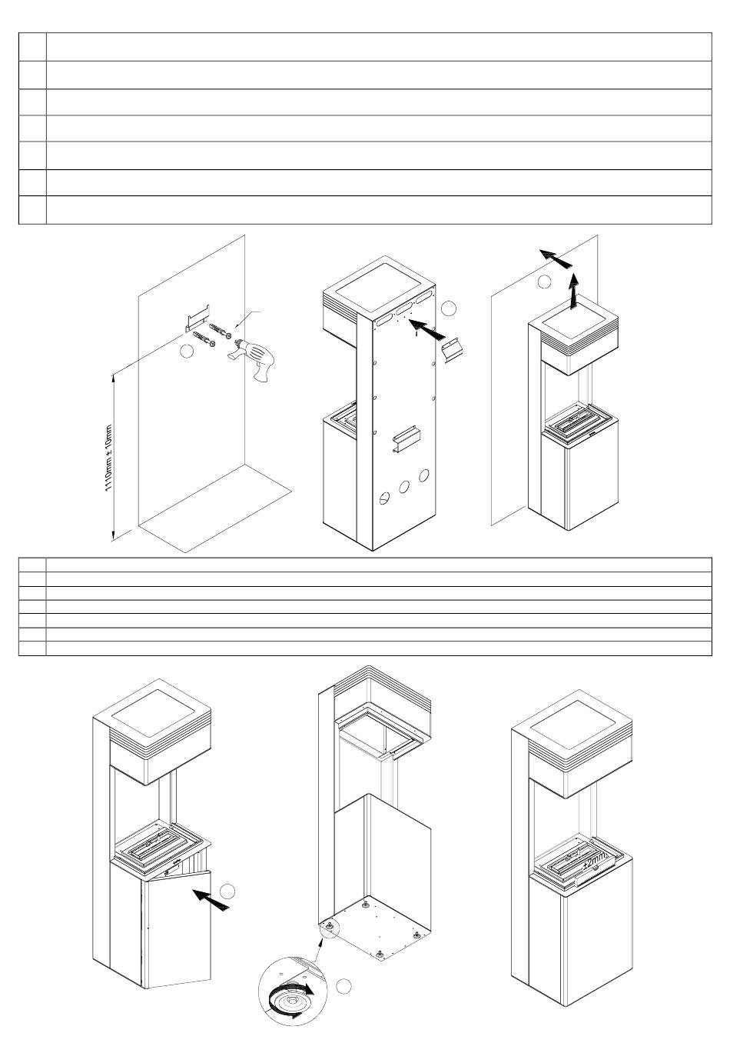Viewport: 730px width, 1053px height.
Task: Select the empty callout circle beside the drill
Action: (185, 352)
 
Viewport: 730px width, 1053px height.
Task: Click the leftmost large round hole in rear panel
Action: (385, 498)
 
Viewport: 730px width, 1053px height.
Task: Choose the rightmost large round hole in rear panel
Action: (423, 475)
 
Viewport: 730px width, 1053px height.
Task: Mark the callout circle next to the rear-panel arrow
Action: (450, 308)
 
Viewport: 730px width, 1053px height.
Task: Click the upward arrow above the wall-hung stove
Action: (572, 293)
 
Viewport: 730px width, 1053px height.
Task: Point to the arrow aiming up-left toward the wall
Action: (556, 259)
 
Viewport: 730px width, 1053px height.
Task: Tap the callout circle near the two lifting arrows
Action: (544, 282)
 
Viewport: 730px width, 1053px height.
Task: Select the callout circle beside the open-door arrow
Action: (227, 891)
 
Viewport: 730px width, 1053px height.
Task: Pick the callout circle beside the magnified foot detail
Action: (345, 985)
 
